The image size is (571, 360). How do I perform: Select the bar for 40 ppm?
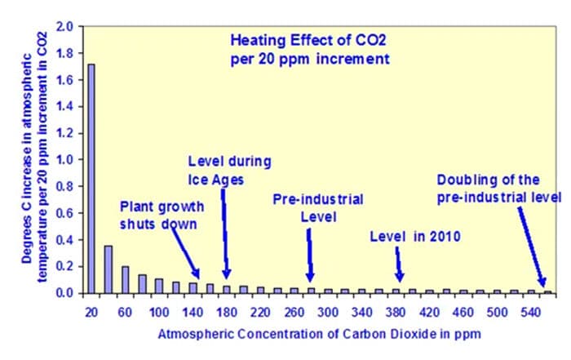[108, 269]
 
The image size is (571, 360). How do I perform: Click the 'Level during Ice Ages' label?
[229, 169]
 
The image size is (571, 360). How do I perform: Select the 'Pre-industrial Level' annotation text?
[317, 208]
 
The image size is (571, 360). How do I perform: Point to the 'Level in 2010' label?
[415, 237]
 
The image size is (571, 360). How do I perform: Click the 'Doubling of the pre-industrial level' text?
[498, 189]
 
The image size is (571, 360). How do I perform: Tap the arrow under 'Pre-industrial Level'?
[310, 255]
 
